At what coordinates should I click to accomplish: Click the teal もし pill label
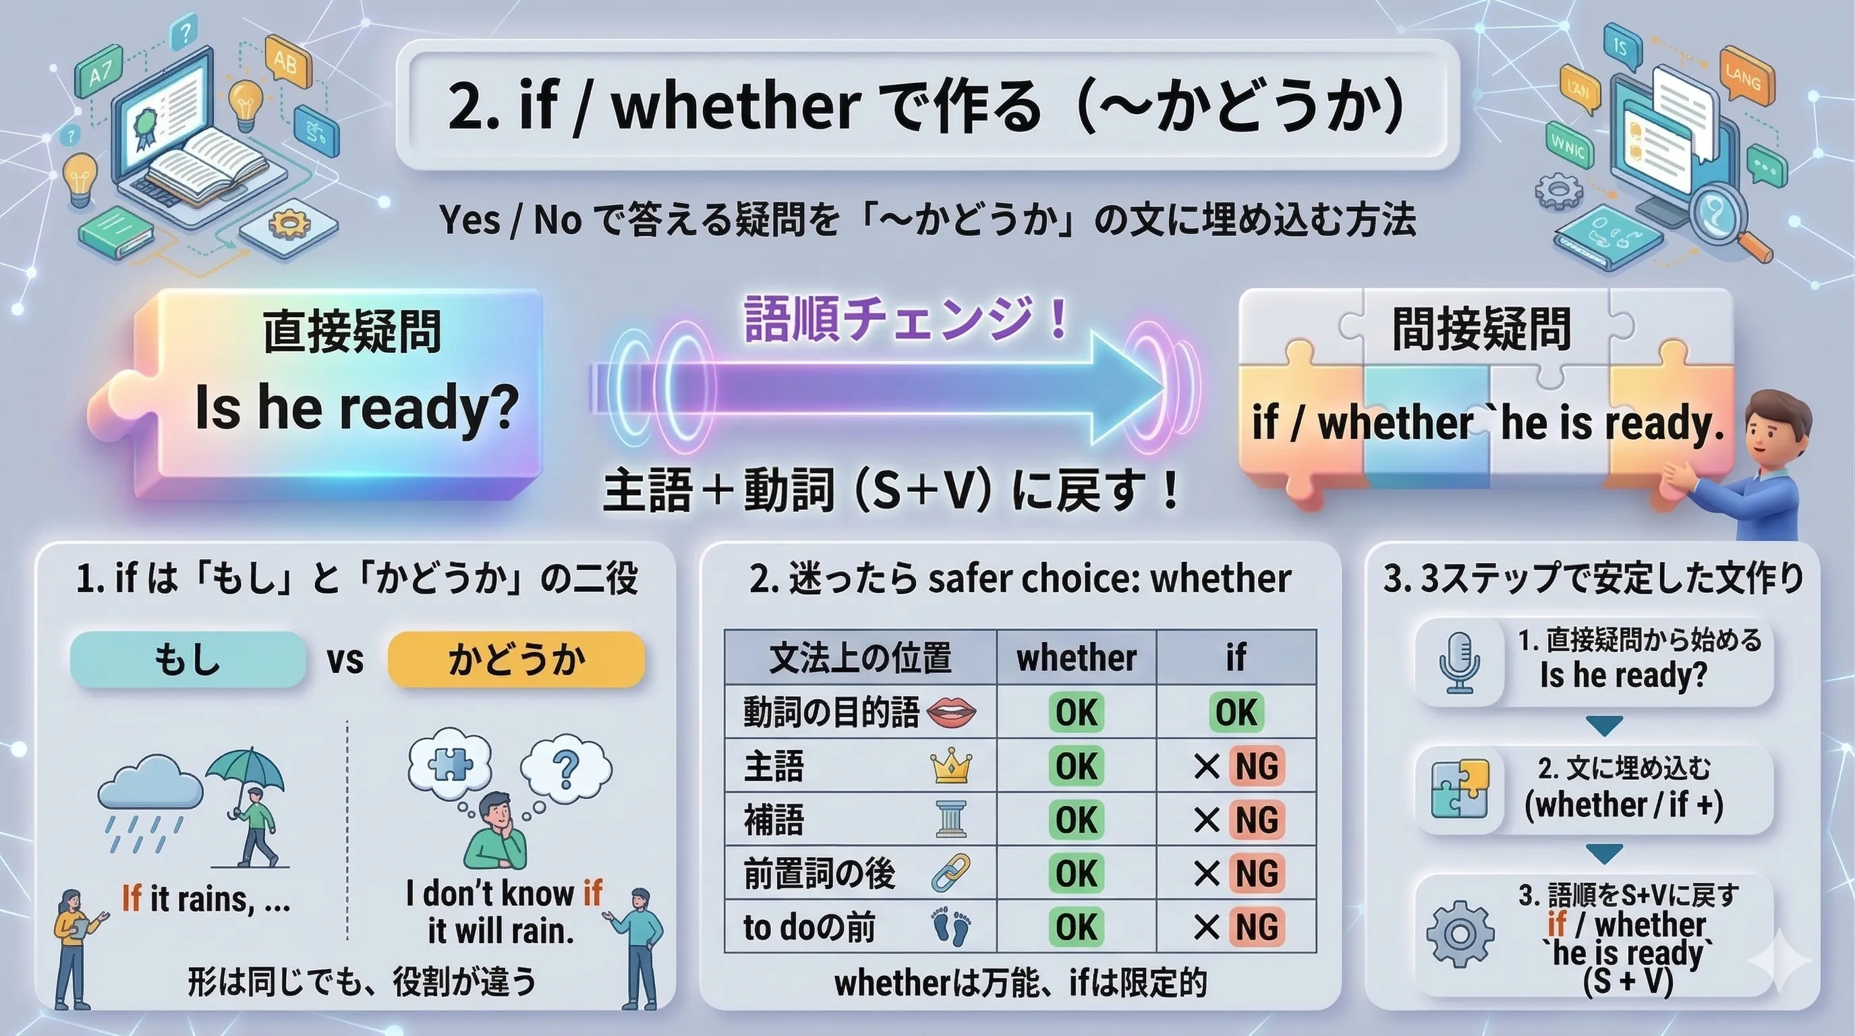coord(188,659)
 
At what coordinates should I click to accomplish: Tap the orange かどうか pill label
coord(515,659)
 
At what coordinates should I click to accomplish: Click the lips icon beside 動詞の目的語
coord(951,712)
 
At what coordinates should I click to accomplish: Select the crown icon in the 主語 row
coord(951,766)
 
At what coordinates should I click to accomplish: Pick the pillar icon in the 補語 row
coord(951,819)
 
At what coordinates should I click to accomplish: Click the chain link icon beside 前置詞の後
coord(951,873)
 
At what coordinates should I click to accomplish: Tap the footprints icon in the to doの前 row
coord(951,927)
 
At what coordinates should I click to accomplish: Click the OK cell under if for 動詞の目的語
coord(1236,712)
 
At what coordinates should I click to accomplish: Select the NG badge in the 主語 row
coord(1257,766)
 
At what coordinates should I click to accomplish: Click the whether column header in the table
coord(1076,658)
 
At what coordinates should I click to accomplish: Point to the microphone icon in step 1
coord(1459,662)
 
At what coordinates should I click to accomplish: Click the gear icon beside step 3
coord(1460,933)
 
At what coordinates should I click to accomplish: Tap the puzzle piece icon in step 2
coord(1460,790)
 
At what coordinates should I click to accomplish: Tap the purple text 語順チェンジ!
coord(905,319)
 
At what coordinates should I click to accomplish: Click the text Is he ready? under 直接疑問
coord(356,407)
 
